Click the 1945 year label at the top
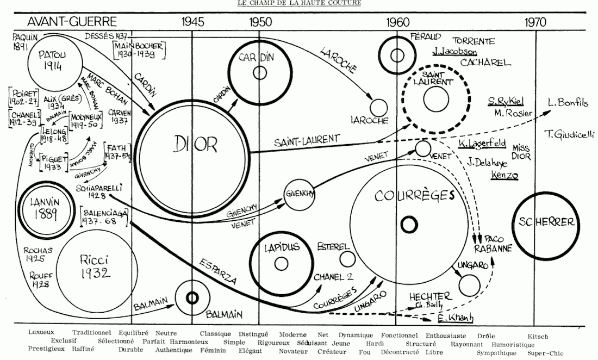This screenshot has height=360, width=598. click(x=194, y=22)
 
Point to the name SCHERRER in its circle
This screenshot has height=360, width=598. click(x=546, y=222)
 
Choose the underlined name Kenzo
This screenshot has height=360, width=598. click(x=504, y=175)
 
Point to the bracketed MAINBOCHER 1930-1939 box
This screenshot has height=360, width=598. click(x=139, y=49)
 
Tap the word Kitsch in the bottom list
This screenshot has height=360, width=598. click(x=538, y=337)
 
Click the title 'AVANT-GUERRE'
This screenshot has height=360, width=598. click(x=72, y=22)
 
